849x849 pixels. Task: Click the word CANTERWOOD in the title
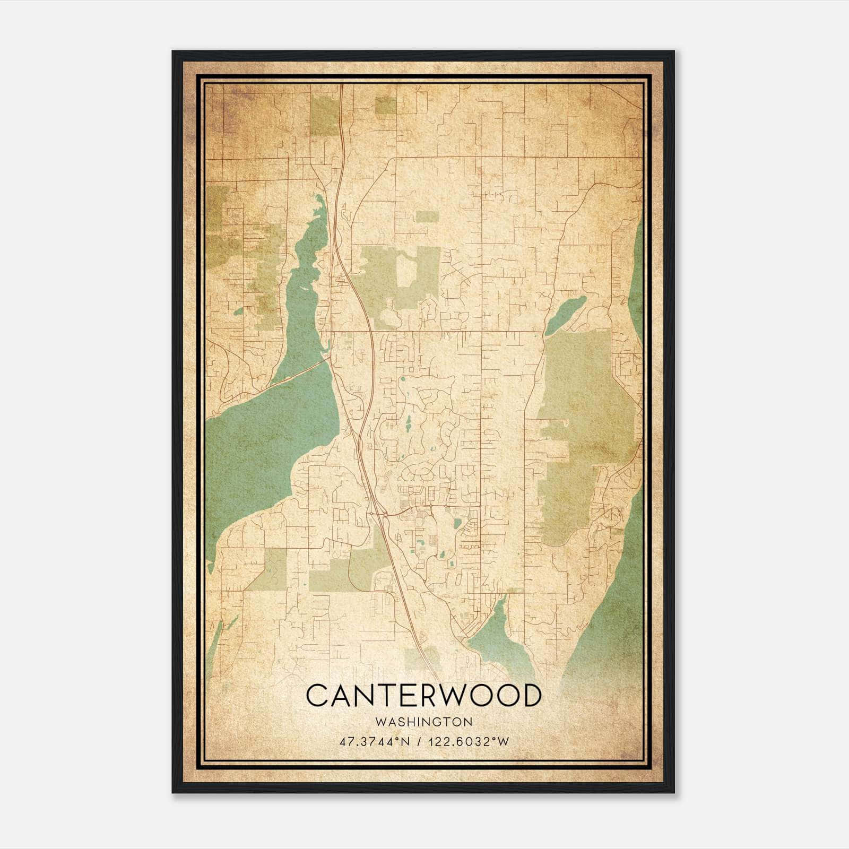coord(424,696)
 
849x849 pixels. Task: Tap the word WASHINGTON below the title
coord(424,722)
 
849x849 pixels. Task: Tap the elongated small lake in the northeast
coord(566,314)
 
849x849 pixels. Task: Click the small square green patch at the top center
coord(386,105)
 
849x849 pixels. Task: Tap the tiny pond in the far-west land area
coord(238,311)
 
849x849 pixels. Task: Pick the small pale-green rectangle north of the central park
coord(427,216)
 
